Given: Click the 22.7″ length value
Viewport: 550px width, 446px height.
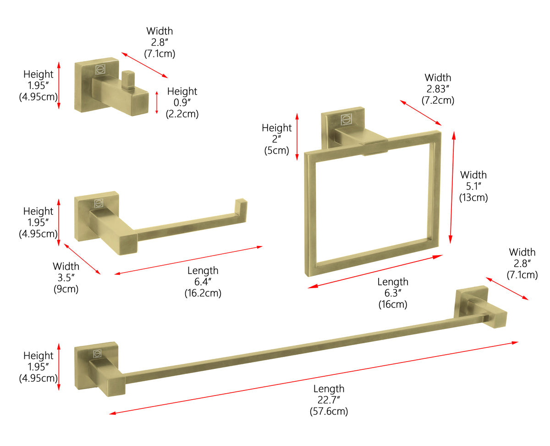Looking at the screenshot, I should pos(328,400).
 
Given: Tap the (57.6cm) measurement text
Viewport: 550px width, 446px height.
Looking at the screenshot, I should pos(328,411).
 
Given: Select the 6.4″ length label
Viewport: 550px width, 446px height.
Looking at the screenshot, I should pos(203,282).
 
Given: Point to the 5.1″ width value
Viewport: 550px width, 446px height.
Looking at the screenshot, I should pos(473,186).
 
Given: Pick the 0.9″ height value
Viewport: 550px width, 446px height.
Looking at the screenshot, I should pos(182,103).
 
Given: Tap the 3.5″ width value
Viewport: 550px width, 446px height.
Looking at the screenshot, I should pos(66,278).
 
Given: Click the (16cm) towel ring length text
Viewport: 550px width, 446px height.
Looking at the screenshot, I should pos(392,304).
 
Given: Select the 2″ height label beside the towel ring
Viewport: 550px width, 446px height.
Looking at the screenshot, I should pos(276,139).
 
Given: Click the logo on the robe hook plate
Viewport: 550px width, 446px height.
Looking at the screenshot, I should pos(100,70).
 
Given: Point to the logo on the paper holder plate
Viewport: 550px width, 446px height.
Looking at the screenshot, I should pos(99,203).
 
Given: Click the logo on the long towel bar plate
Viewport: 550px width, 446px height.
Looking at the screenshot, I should pos(98,353).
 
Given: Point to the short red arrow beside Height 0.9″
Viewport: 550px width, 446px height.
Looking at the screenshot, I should pos(157,102).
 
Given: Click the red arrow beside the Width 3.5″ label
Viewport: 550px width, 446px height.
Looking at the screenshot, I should pos(82,259).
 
